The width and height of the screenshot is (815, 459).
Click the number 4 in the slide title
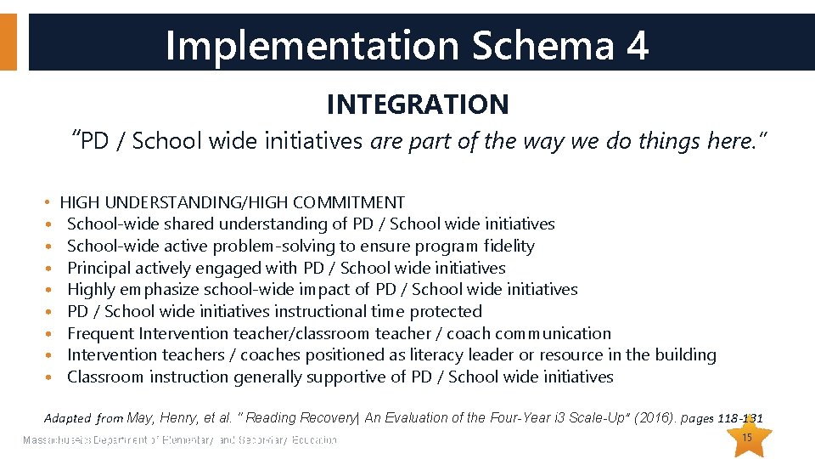637,45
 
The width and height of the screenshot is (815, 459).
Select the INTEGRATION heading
418,105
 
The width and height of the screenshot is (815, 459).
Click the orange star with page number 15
747,437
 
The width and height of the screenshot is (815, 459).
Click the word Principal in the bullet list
100,268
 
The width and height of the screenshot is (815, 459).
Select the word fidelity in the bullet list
509,246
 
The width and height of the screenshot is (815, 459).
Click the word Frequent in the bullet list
101,333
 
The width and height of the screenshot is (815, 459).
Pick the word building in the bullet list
685,355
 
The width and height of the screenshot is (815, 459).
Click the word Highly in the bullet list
91,290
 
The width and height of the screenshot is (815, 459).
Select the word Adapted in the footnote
67,418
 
